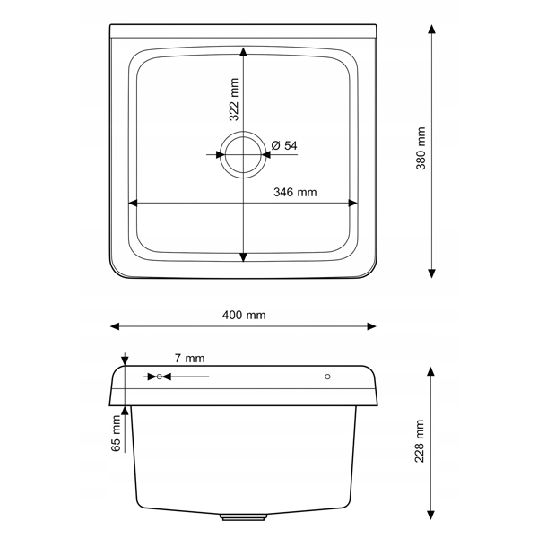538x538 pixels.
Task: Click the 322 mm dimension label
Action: click(x=234, y=100)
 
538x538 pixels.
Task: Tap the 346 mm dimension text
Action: click(x=295, y=192)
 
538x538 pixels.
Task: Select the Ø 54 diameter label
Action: click(x=284, y=145)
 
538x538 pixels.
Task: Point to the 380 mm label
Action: click(x=421, y=148)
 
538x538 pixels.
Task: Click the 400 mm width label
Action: click(x=244, y=315)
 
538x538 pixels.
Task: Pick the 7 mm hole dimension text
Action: click(x=190, y=358)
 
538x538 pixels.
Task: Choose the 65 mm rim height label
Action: click(x=116, y=433)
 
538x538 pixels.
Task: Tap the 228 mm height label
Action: click(x=420, y=441)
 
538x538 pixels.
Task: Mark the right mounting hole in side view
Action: click(x=327, y=377)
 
